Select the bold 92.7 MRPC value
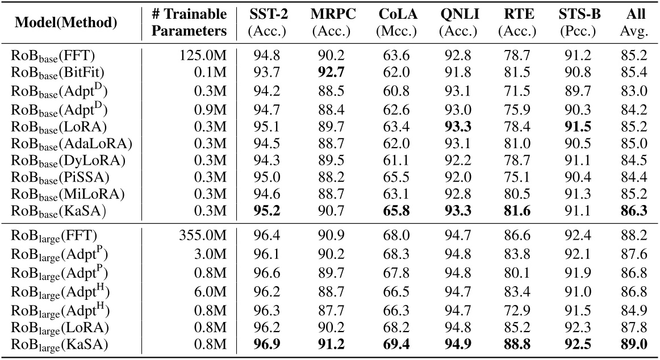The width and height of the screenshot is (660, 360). (x=331, y=72)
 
